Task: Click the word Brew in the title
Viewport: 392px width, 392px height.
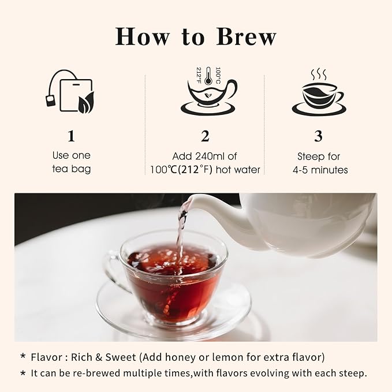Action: [x=246, y=36]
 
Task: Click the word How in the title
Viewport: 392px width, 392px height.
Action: [x=142, y=36]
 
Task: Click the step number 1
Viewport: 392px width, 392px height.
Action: [x=71, y=136]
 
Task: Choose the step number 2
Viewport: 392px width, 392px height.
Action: [x=204, y=136]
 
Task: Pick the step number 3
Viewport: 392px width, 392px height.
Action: [x=318, y=136]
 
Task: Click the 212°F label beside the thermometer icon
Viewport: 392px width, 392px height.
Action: [x=198, y=75]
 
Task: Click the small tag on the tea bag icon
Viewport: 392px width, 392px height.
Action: [x=50, y=102]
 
